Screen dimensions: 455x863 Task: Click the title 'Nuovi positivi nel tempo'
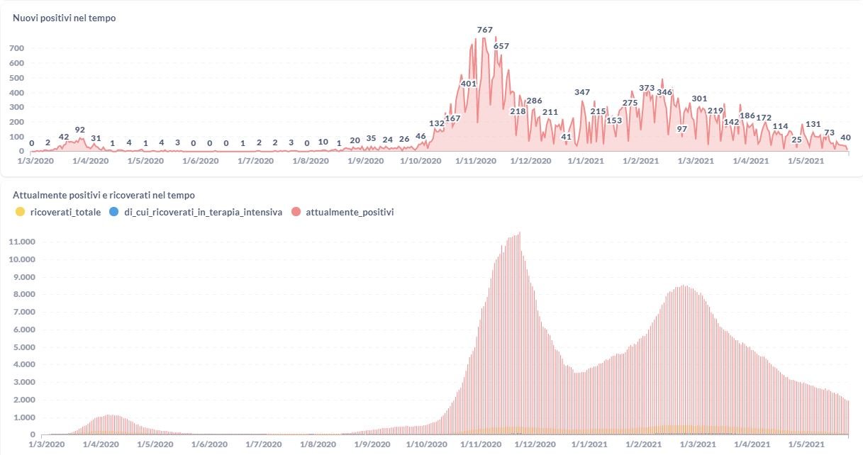[64, 18]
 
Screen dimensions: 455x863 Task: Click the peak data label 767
[485, 30]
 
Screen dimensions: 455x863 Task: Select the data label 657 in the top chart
[501, 46]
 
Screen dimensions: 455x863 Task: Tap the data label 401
[469, 84]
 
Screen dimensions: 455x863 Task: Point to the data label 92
[80, 130]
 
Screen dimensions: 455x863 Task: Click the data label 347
[582, 93]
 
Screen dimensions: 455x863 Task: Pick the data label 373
[647, 89]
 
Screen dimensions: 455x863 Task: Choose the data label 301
[699, 99]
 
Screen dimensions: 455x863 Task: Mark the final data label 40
[845, 137]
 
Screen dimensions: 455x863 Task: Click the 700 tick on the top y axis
[16, 48]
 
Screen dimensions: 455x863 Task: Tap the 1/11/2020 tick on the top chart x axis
[476, 161]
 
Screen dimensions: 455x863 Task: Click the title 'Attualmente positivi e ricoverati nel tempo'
[104, 195]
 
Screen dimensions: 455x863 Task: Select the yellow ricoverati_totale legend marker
[19, 212]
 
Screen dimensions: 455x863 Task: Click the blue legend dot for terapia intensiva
[113, 212]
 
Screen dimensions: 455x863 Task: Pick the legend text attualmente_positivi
[350, 212]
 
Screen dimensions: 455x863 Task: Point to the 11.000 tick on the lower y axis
[21, 242]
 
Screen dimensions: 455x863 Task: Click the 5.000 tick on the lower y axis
[23, 347]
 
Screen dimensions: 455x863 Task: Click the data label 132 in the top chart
[437, 123]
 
